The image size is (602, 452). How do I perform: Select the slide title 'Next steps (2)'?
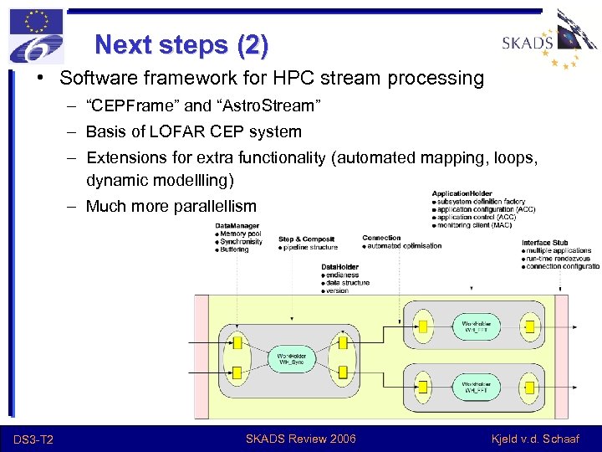point(181,44)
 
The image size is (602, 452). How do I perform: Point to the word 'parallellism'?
point(214,206)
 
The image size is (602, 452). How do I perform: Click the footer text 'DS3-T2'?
point(34,439)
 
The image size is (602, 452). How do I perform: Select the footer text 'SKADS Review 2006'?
point(300,439)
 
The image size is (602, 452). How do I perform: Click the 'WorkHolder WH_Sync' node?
point(291,359)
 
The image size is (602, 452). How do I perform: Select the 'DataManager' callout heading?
point(237,226)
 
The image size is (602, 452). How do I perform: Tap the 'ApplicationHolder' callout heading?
point(462,193)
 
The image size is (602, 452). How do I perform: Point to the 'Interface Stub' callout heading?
point(545,243)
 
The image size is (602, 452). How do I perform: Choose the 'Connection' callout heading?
point(381,238)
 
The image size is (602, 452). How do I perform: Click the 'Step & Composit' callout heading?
point(306,239)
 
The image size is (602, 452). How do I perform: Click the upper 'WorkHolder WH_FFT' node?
point(476,326)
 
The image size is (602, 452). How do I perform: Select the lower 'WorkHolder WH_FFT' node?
point(476,387)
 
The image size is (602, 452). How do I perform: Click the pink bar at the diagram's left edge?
point(201,356)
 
